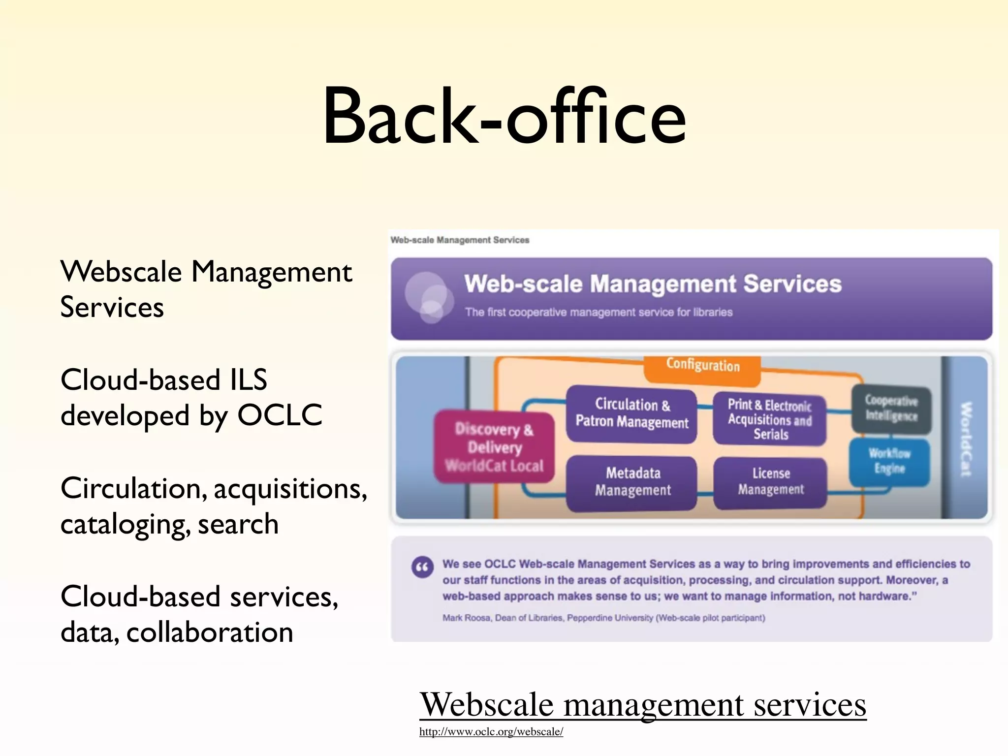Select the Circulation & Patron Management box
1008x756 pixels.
[x=631, y=414]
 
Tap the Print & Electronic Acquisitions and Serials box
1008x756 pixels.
[x=770, y=419]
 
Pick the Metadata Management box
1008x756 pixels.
[x=632, y=482]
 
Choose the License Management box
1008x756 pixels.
[x=770, y=482]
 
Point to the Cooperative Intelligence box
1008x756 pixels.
[x=891, y=409]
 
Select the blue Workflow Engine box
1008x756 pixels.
[x=889, y=461]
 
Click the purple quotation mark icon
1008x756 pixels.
[x=422, y=567]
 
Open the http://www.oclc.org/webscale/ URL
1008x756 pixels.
[x=491, y=732]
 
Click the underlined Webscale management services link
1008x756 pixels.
[x=642, y=705]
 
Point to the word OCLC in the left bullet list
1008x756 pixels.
[x=280, y=415]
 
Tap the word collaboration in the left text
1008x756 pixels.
[x=210, y=632]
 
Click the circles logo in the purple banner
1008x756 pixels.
[x=428, y=297]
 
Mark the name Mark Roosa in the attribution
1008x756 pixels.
[x=466, y=618]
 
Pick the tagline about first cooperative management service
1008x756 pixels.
[x=598, y=313]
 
